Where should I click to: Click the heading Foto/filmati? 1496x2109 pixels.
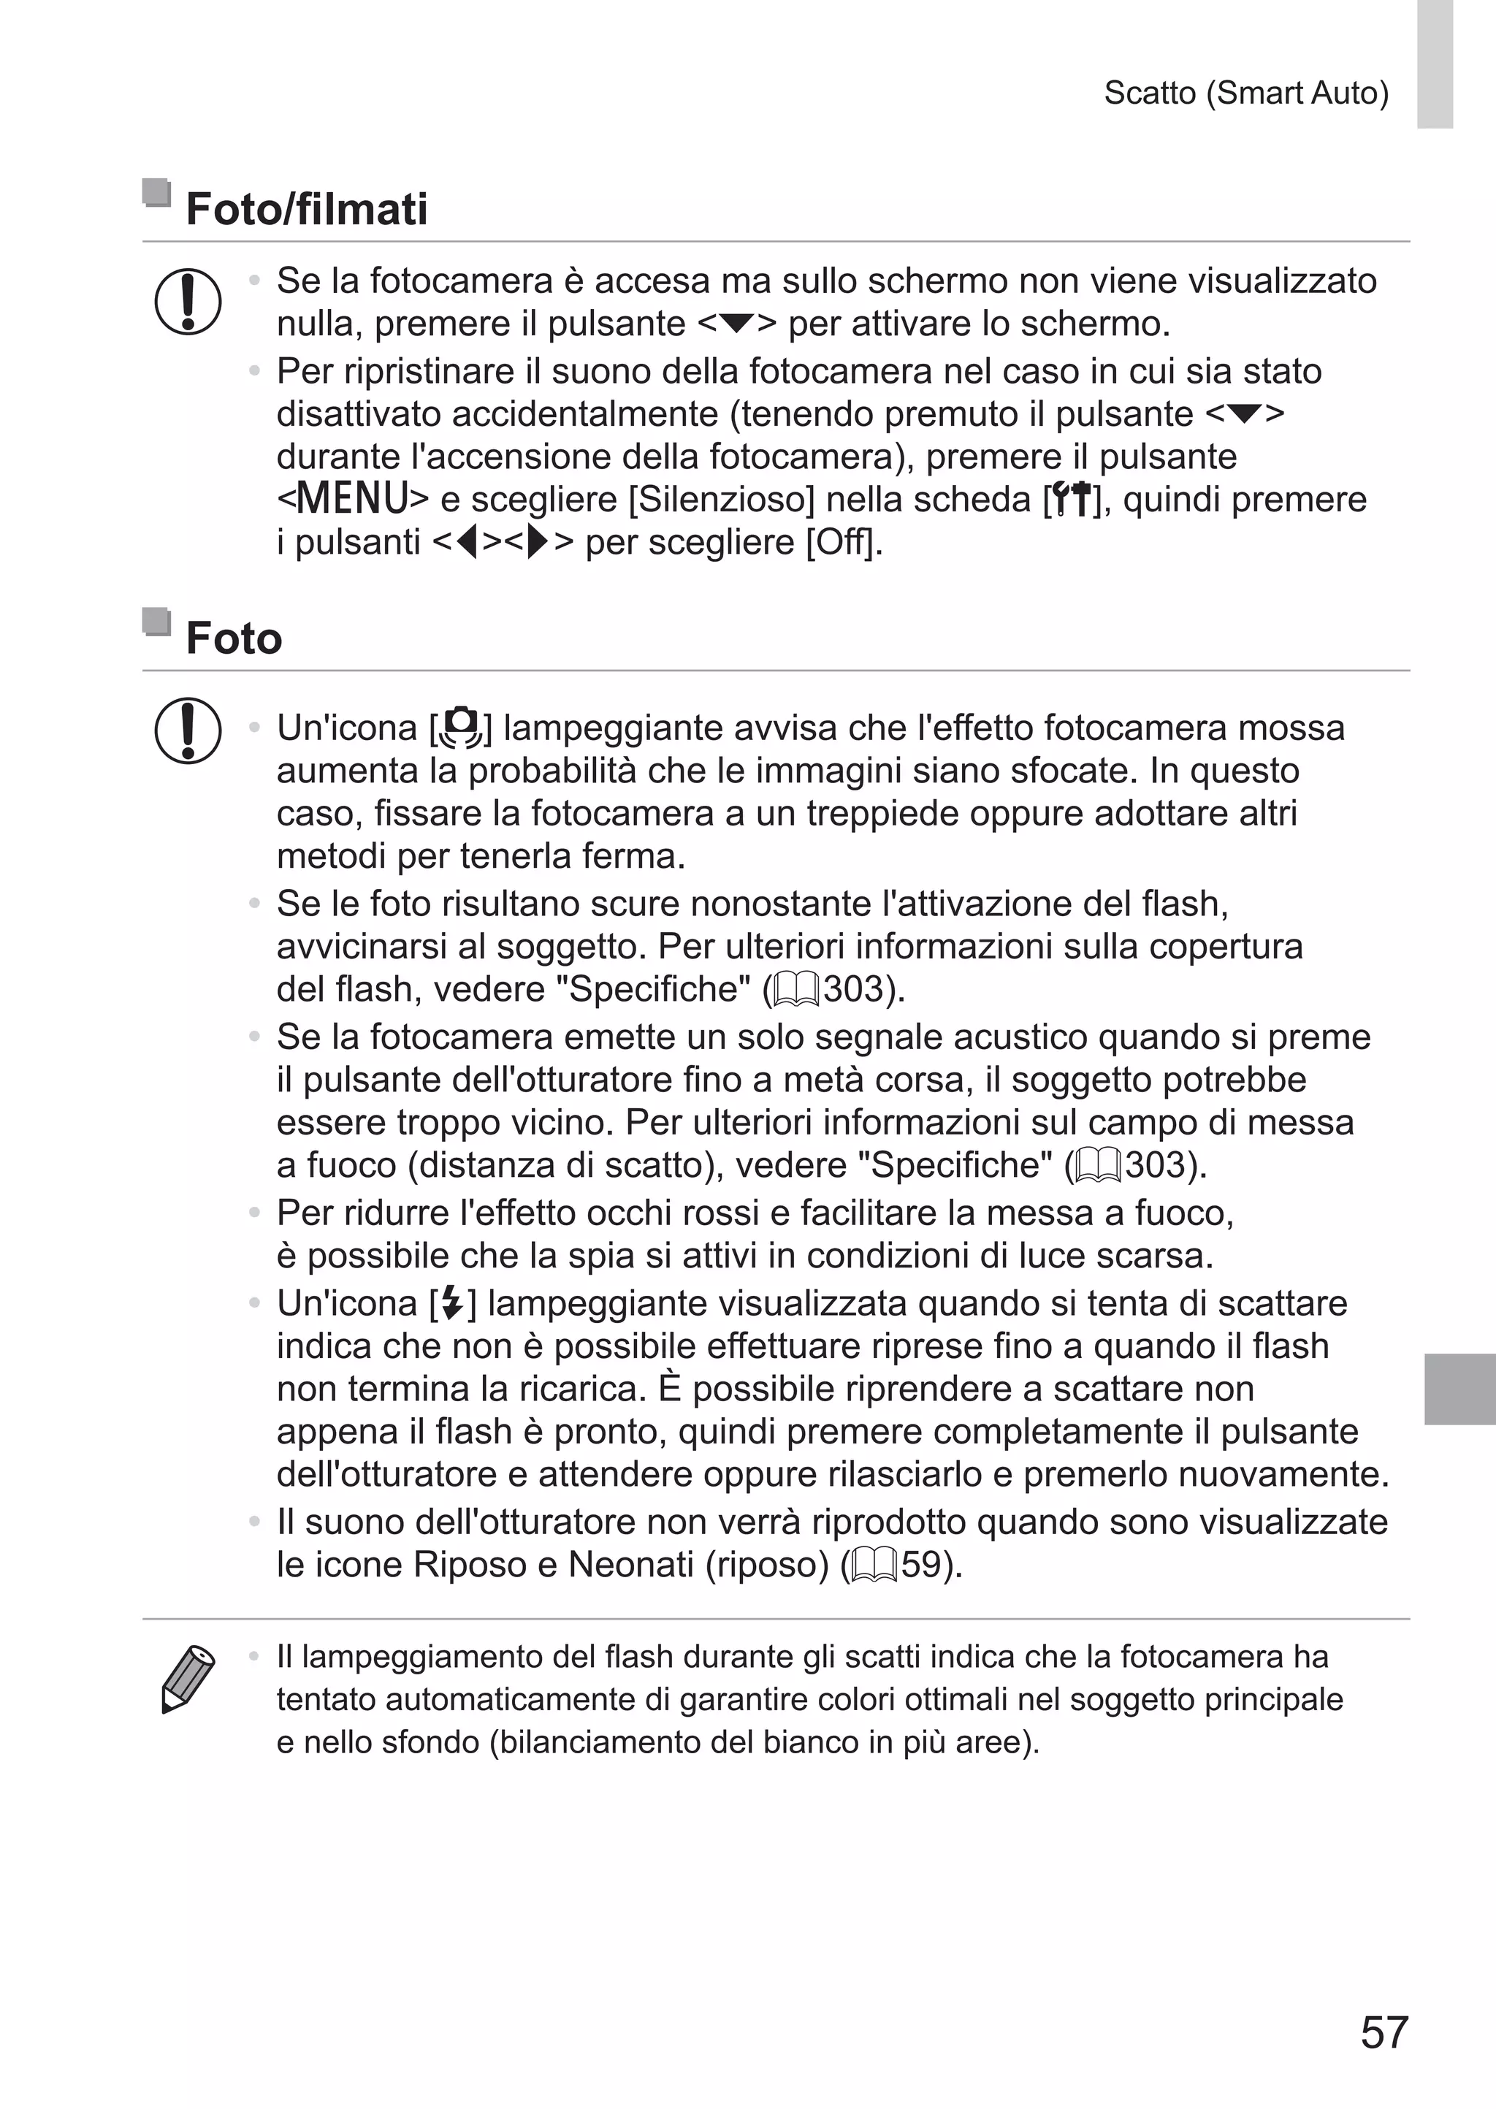click(x=306, y=209)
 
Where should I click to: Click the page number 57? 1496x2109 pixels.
click(x=1384, y=2032)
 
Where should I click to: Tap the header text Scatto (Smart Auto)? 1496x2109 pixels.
click(x=1245, y=93)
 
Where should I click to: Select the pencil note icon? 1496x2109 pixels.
click(x=187, y=1679)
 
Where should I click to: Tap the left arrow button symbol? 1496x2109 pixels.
click(x=468, y=543)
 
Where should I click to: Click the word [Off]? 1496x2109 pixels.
click(x=843, y=543)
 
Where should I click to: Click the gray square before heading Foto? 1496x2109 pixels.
click(x=156, y=622)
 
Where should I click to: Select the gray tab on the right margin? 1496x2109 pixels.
click(x=1459, y=1389)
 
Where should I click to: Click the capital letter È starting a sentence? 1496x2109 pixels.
click(x=670, y=1389)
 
